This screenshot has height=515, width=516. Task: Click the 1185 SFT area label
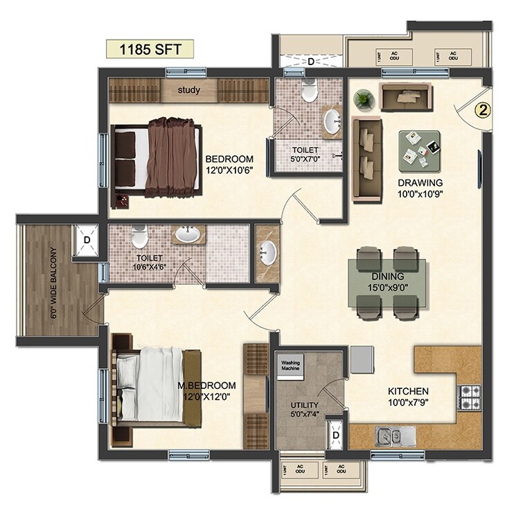pyautogui.click(x=147, y=50)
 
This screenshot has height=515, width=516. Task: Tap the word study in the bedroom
pyautogui.click(x=188, y=90)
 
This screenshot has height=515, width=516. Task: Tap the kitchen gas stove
pyautogui.click(x=470, y=396)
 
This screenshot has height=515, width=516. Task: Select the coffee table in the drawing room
pyautogui.click(x=418, y=149)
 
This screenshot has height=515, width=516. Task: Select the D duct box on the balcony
pyautogui.click(x=87, y=240)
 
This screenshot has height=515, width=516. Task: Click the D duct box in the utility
pyautogui.click(x=335, y=435)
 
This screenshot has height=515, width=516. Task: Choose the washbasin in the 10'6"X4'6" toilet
pyautogui.click(x=186, y=235)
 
